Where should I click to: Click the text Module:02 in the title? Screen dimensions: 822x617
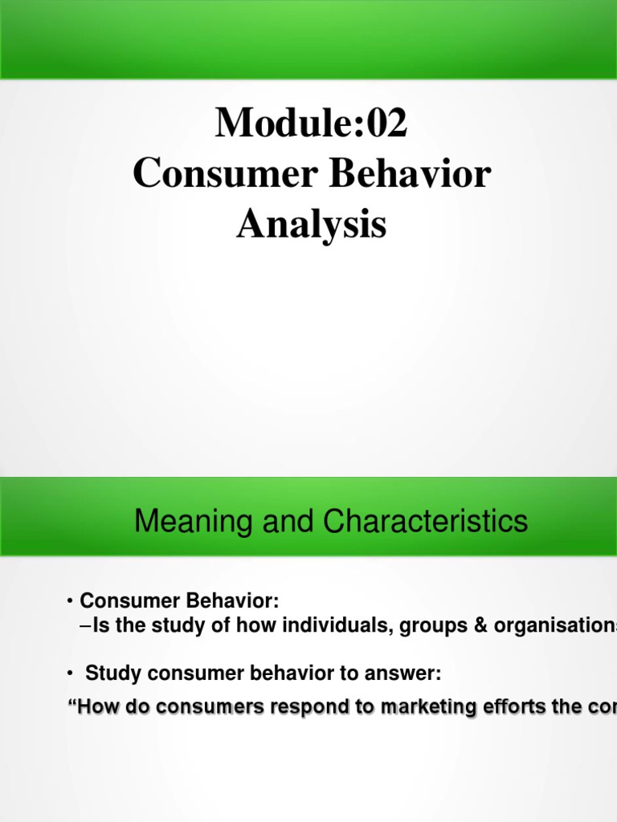[x=311, y=124]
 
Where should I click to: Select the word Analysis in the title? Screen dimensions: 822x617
[x=311, y=226]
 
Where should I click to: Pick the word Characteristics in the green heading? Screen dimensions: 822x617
[x=426, y=523]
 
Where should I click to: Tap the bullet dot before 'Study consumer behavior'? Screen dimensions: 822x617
[x=71, y=675]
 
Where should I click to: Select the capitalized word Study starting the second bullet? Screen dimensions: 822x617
[x=108, y=675]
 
